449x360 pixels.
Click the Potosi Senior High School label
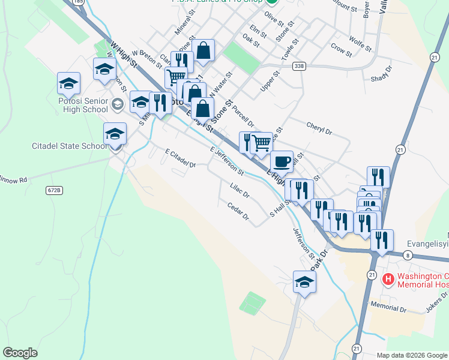(79, 106)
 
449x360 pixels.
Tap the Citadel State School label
(70, 146)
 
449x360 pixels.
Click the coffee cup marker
(282, 161)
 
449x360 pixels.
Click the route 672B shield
(53, 190)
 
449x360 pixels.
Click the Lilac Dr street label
(240, 191)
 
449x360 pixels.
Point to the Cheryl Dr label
(319, 128)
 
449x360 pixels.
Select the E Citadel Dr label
(181, 159)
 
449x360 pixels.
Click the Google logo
(20, 353)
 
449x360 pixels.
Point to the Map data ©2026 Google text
(411, 355)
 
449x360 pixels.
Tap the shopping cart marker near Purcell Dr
(261, 143)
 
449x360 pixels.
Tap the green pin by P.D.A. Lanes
(272, 2)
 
